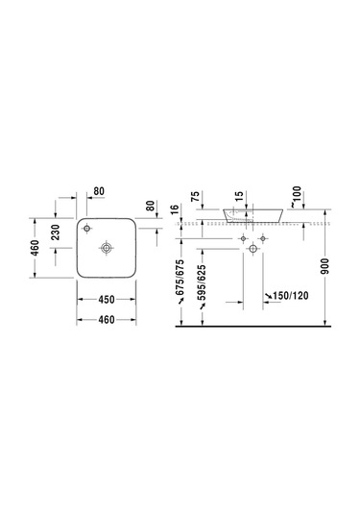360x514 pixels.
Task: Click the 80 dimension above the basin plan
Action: click(x=99, y=190)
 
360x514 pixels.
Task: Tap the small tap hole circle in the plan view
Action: click(x=86, y=228)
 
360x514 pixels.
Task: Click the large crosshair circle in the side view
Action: click(x=253, y=250)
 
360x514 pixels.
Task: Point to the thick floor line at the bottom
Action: click(x=259, y=326)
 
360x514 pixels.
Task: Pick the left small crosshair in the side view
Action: click(x=243, y=237)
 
